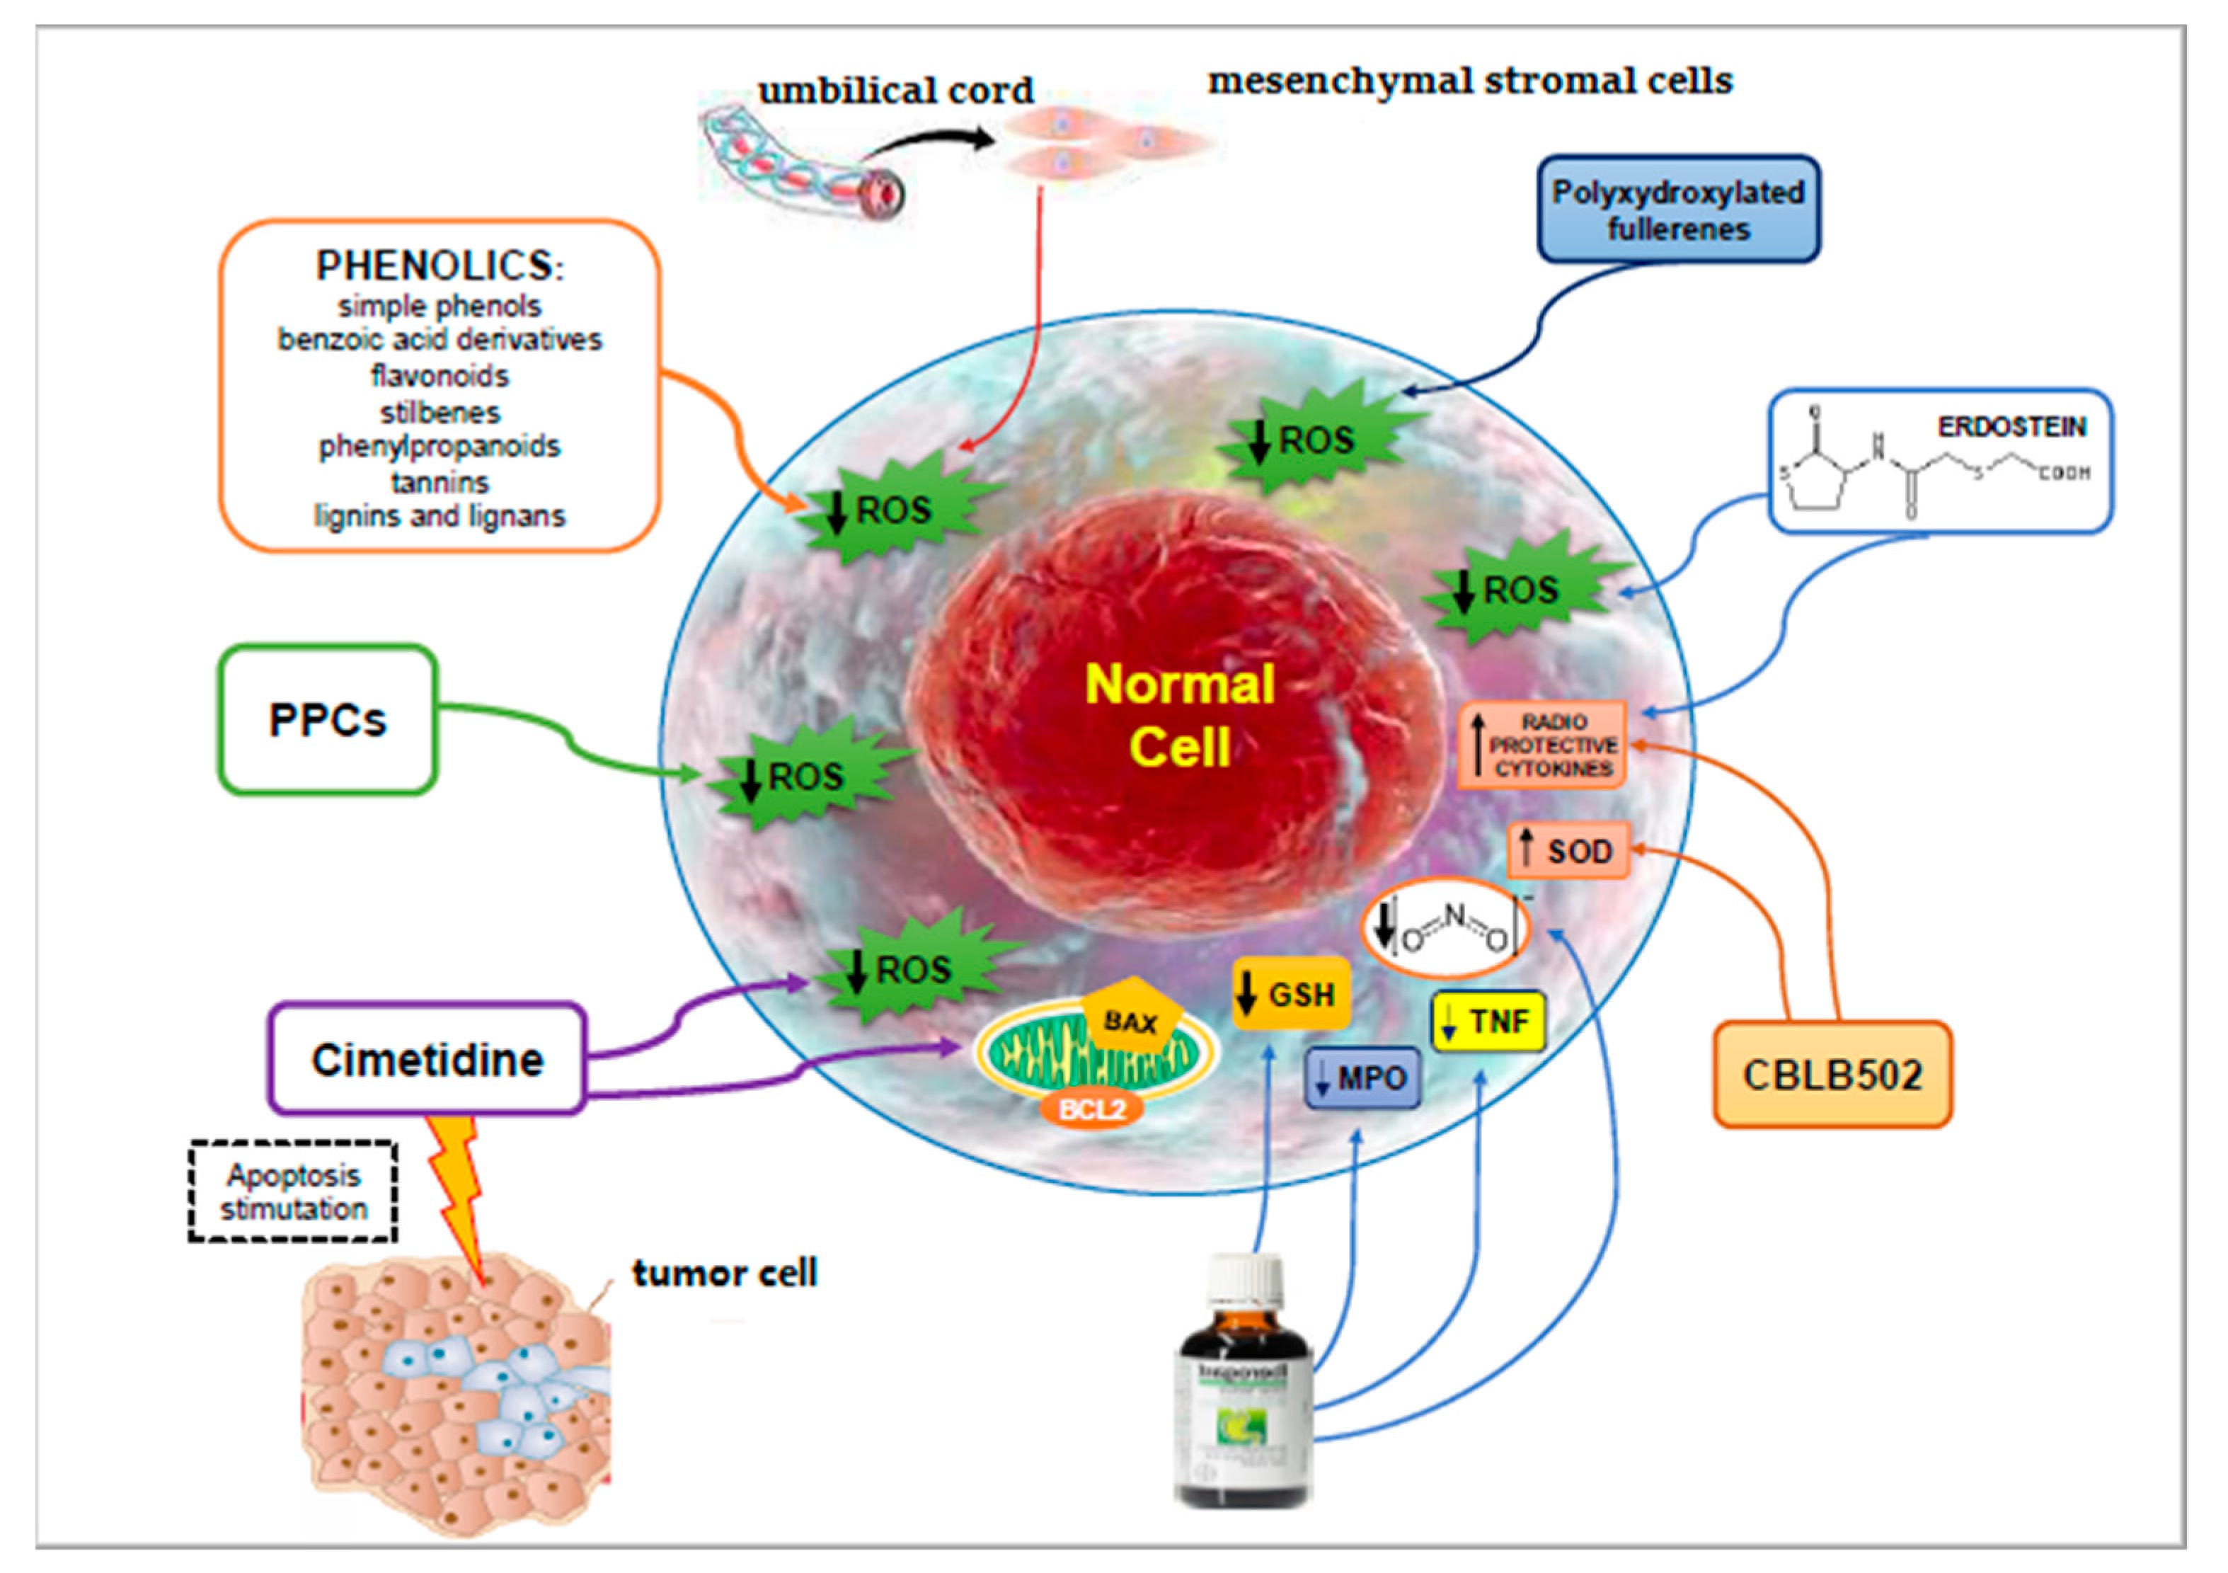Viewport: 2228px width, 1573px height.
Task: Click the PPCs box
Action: point(327,719)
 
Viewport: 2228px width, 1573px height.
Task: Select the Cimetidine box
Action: point(427,1058)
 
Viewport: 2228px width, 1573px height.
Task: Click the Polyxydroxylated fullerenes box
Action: point(1678,210)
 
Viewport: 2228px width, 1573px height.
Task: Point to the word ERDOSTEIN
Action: point(2011,427)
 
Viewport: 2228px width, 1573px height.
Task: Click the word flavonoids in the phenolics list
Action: point(440,375)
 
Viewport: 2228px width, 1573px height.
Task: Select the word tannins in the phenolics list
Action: point(440,482)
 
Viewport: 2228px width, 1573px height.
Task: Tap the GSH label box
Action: point(1291,995)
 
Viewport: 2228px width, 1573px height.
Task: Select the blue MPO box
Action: point(1362,1078)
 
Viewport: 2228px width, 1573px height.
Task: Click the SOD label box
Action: point(1567,851)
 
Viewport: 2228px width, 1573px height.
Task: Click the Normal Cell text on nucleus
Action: point(1179,715)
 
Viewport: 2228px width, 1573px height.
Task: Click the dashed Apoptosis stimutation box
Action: point(293,1191)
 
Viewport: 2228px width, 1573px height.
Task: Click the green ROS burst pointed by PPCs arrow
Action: point(805,774)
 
